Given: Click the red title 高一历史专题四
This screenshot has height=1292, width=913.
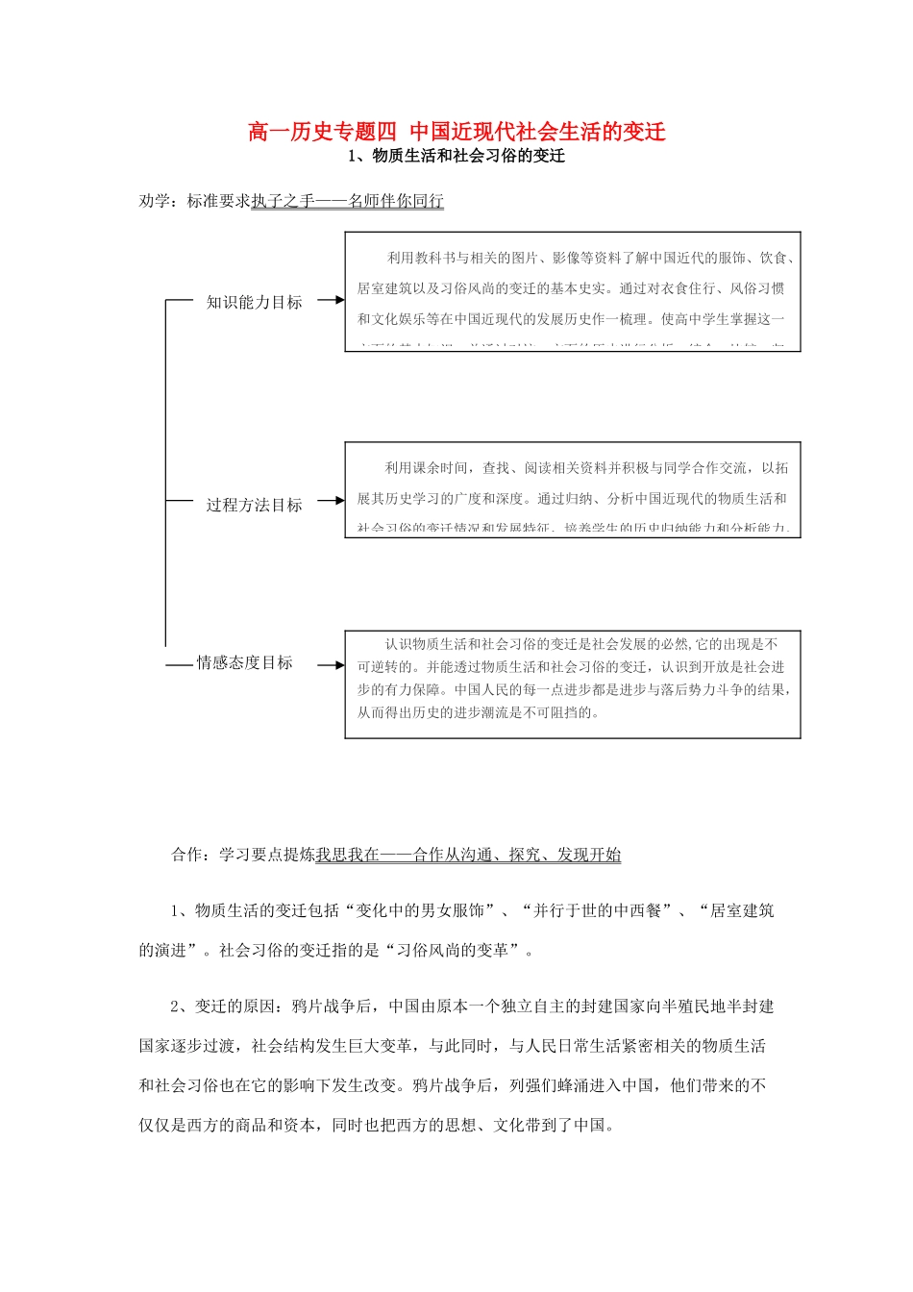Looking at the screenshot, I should coord(322,132).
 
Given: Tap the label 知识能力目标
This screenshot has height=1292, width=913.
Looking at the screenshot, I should coord(255,302).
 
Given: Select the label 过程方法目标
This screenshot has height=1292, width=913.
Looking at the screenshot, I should coord(255,505).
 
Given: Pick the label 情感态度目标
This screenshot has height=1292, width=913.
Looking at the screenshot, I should coord(245,662).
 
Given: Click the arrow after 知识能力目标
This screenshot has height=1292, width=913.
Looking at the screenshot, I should coord(330,300).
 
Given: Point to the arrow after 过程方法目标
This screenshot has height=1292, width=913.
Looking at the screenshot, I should coord(330,501).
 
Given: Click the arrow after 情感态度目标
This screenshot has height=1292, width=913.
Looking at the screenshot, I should coord(330,664).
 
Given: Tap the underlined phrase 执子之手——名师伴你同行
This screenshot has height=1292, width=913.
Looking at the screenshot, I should coord(348,201).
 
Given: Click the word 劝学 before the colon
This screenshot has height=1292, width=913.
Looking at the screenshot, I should coord(155,201).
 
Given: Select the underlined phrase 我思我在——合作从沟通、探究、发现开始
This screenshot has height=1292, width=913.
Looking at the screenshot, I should coord(469,855).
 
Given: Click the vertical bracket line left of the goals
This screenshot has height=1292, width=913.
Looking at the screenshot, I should coord(165,471).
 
